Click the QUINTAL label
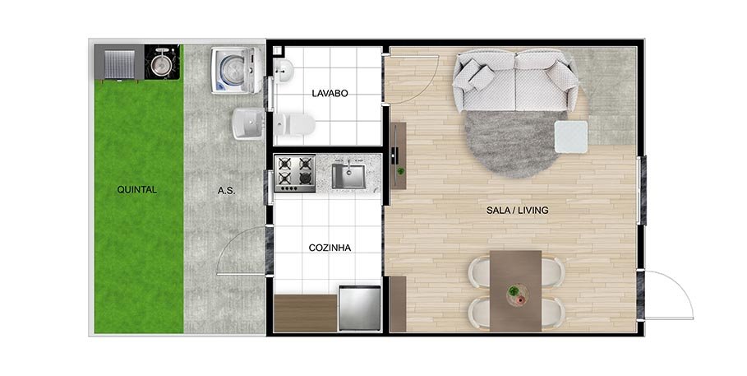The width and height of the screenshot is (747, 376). (137, 189)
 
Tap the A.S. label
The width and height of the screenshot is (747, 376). (227, 190)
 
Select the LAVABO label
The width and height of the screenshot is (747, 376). (330, 93)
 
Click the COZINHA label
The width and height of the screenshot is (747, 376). (330, 247)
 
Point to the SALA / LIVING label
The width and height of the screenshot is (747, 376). (518, 210)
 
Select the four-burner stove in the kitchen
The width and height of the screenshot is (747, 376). (295, 173)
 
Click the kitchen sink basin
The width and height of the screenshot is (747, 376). (348, 175)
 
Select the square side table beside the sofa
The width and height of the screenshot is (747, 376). (571, 137)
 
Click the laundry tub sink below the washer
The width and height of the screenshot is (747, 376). (247, 125)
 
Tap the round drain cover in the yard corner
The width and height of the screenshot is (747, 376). (163, 63)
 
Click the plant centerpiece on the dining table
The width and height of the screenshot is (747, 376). (515, 291)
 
